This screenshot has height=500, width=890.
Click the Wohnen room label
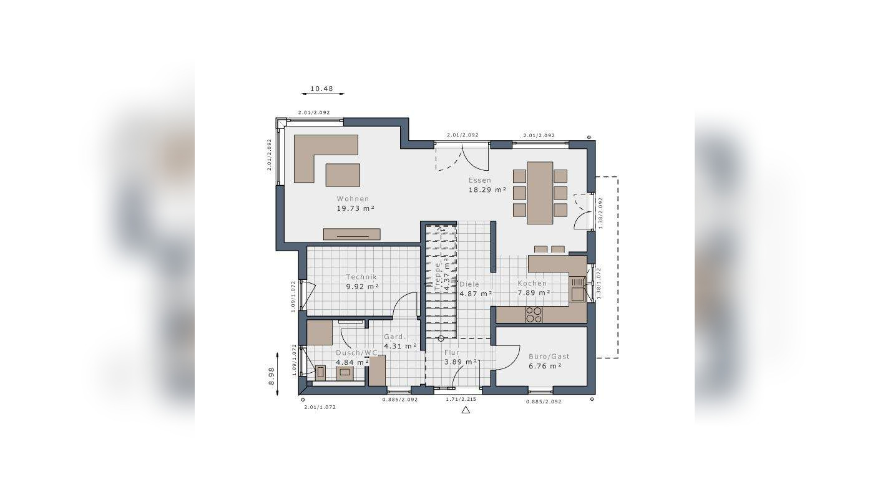[353, 199]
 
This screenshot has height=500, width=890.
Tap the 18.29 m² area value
[487, 190]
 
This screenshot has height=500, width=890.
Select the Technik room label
[362, 277]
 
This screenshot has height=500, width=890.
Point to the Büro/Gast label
[549, 357]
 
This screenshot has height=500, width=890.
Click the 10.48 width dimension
[321, 89]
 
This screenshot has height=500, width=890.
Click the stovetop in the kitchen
[534, 314]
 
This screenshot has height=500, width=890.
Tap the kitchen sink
[577, 290]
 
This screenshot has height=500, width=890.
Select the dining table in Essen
[540, 193]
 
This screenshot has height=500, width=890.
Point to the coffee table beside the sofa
[343, 175]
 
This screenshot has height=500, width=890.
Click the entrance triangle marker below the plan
[466, 410]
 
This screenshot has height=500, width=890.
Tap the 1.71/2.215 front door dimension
[462, 399]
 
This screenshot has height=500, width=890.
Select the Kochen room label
[532, 283]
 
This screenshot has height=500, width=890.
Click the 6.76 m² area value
[545, 366]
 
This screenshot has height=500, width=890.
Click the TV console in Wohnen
[351, 234]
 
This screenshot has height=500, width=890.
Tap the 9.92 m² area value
[363, 287]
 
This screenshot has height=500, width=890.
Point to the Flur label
[452, 352]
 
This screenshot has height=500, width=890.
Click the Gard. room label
[395, 337]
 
